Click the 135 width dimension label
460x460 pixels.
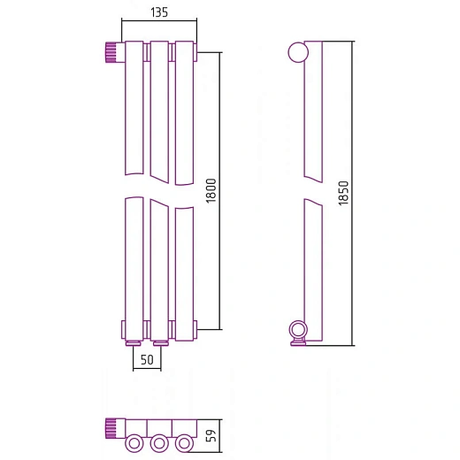click(x=159, y=12)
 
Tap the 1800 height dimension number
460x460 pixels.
click(x=211, y=191)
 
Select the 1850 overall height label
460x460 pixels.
click(x=343, y=193)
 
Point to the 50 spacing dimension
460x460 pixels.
click(x=147, y=360)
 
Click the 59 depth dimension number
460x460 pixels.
click(x=211, y=435)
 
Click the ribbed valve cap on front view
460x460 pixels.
click(x=112, y=52)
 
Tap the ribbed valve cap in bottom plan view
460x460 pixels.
click(x=112, y=428)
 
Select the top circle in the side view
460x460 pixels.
click(x=298, y=52)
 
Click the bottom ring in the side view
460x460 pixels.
click(x=298, y=330)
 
